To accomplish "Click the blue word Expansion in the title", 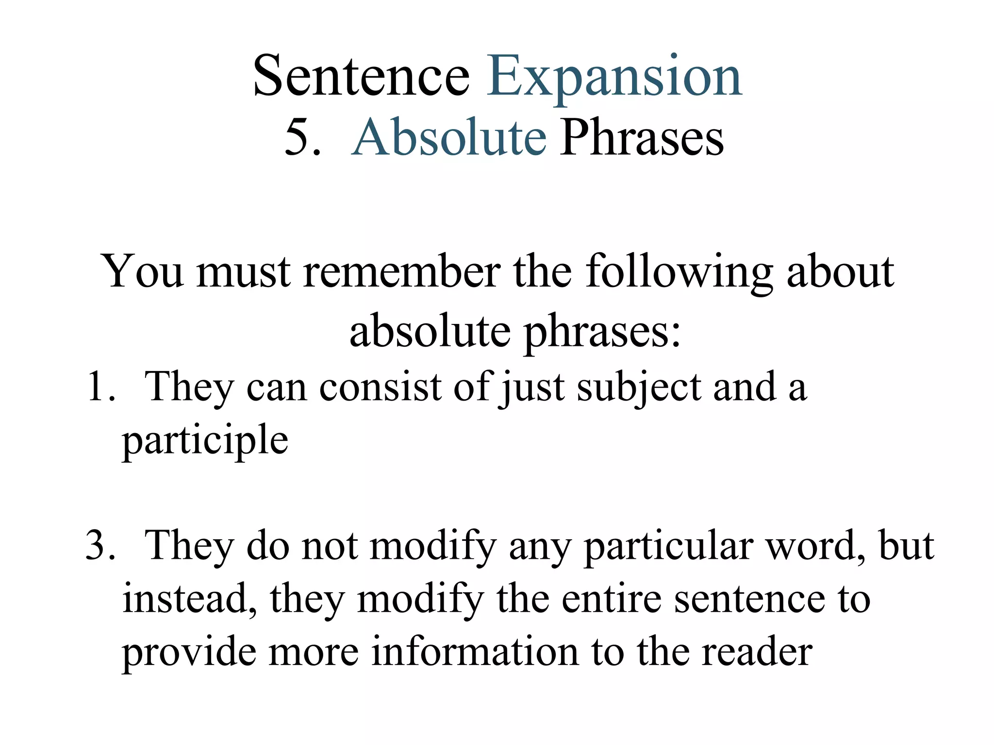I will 614,78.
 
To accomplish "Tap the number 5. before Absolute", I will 303,138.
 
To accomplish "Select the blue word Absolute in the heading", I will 449,138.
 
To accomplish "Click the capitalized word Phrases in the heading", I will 642,139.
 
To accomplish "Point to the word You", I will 142,272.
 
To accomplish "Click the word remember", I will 402,272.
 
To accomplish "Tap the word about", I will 840,272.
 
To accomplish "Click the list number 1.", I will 101,387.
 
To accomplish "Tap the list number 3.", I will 101,546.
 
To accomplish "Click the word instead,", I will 189,599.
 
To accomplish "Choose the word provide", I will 188,653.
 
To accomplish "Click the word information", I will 475,652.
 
